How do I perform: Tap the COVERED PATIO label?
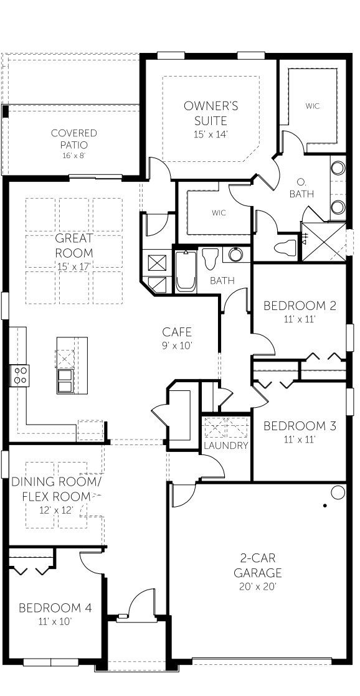[74, 139]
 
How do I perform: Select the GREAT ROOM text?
[74, 245]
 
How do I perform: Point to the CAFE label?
[177, 332]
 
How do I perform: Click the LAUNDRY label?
[226, 446]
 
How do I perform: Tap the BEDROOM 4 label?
[55, 608]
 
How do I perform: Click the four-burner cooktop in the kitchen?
[19, 375]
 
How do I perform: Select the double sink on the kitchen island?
[65, 380]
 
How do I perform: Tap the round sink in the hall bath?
[235, 255]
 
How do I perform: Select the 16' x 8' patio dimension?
[74, 155]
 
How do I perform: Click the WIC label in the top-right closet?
[313, 106]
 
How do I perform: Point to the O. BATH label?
[301, 188]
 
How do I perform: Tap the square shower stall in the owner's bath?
[323, 241]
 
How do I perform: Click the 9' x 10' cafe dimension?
[177, 346]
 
